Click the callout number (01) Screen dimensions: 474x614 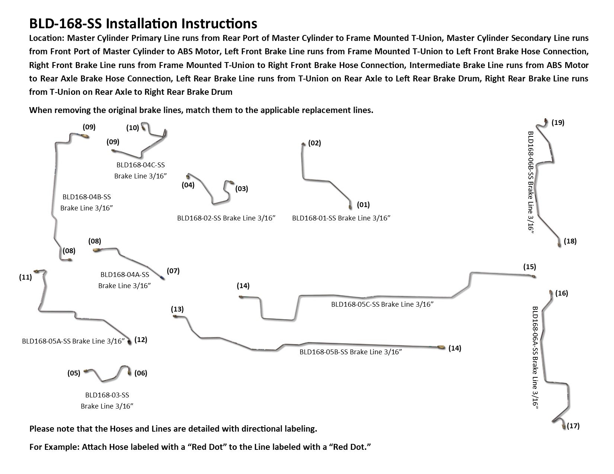tap(363, 204)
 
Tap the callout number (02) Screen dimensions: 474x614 tap(314, 143)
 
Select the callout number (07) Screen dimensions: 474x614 tap(173, 271)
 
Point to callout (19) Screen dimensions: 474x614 tap(558, 122)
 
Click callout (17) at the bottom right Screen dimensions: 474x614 tap(573, 426)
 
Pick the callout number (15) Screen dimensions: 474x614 tap(530, 267)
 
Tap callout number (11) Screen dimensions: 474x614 tap(25, 277)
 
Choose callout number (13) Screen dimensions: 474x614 tap(177, 309)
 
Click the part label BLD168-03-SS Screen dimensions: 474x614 tap(107, 395)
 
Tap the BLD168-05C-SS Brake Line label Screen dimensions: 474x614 tap(383, 304)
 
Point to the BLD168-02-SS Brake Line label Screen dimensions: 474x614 tap(226, 218)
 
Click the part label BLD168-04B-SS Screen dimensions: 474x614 tap(86, 197)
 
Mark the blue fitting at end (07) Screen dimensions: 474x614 tap(162, 277)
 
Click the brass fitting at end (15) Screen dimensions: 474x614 tap(534, 277)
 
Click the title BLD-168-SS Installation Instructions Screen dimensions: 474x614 tap(143, 24)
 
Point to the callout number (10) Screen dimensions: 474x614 tap(132, 128)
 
